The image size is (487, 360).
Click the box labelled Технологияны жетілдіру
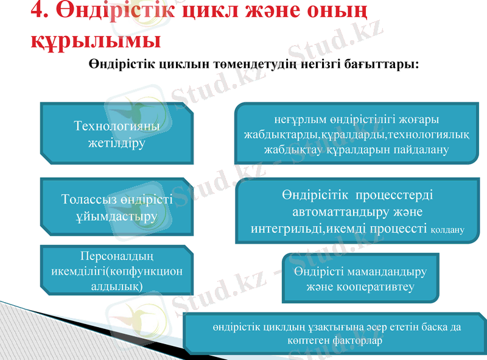click(x=116, y=134)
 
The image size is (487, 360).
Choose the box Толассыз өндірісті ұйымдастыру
click(x=116, y=208)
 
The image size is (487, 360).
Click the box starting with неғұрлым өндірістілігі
click(x=357, y=133)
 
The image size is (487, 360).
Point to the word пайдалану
click(x=419, y=149)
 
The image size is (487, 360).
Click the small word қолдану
click(x=447, y=230)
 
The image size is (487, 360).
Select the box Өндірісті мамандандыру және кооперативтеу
click(x=360, y=278)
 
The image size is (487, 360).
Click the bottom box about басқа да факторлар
click(x=336, y=333)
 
